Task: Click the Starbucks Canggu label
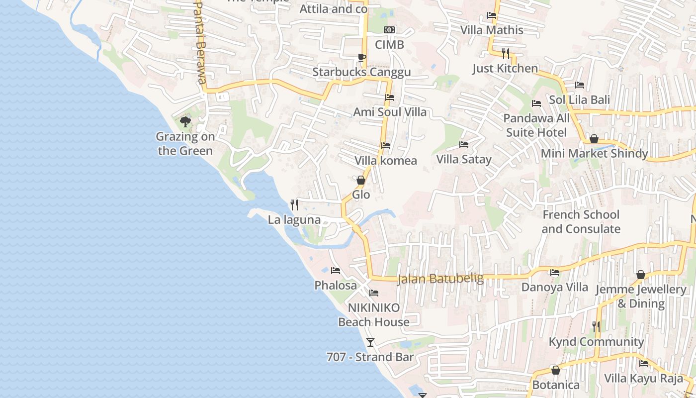[361, 72]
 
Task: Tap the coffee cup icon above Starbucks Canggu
[361, 58]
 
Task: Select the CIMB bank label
[389, 45]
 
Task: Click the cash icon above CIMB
[389, 30]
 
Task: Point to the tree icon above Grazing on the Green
[185, 121]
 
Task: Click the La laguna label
[294, 219]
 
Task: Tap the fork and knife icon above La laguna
[294, 204]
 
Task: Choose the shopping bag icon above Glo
[361, 180]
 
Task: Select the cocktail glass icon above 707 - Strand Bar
[370, 342]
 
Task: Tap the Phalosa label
[336, 285]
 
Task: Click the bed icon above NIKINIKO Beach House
[374, 293]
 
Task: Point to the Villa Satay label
[464, 159]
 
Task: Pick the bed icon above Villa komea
[385, 146]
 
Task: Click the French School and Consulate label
[581, 222]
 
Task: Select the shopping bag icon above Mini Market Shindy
[594, 139]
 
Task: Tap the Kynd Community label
[596, 342]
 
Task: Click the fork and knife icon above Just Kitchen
[505, 53]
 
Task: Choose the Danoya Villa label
[554, 287]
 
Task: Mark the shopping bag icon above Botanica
[556, 370]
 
